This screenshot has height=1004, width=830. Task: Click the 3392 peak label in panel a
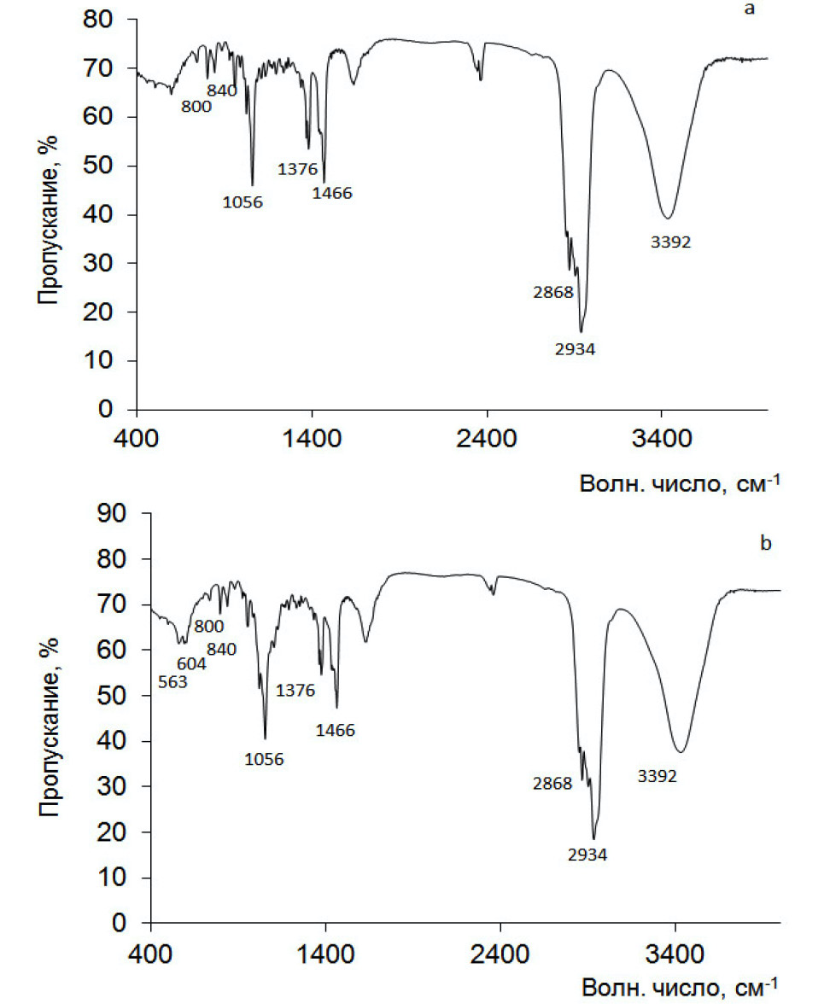tap(670, 242)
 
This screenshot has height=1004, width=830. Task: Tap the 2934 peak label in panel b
tap(587, 853)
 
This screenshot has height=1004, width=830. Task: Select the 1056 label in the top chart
tap(244, 202)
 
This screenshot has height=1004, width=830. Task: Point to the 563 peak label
tap(173, 681)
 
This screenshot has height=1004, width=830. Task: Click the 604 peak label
tap(193, 663)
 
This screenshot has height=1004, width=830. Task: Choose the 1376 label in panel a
tap(298, 169)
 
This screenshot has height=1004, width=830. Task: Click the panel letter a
tap(750, 10)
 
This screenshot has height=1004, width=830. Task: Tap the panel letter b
tap(766, 543)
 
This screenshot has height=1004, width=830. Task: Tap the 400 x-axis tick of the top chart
tap(138, 439)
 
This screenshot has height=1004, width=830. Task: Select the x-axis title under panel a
tap(680, 484)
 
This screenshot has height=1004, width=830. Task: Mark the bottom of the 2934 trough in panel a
tap(581, 332)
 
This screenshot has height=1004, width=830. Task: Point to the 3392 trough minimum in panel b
tap(681, 752)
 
